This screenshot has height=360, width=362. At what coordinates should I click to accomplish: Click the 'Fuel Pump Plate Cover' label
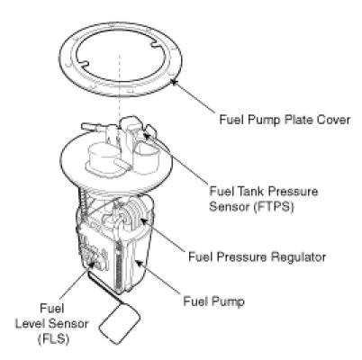point(285,120)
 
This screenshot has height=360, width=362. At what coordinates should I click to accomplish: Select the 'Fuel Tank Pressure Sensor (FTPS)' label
point(264,199)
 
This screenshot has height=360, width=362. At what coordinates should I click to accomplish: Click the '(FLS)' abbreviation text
point(53,338)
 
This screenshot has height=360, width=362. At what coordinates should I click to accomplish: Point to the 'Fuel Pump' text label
point(213,301)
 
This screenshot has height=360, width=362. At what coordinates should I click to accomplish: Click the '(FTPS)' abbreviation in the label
point(273,207)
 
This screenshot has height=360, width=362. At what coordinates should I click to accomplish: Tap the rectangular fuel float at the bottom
point(120,323)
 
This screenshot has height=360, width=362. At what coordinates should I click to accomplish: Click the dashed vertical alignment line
point(120,86)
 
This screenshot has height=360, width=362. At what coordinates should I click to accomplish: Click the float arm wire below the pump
point(106,288)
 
